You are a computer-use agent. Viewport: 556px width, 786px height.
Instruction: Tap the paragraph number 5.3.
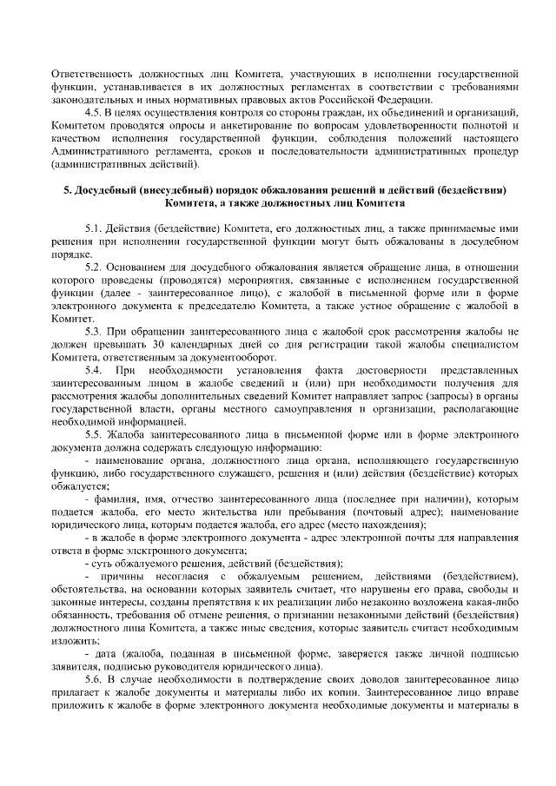click(x=94, y=332)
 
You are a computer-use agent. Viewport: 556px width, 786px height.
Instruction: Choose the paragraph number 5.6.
click(x=94, y=677)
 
